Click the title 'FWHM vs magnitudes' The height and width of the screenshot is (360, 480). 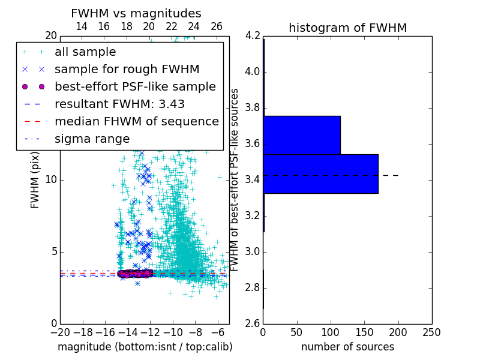click(x=136, y=13)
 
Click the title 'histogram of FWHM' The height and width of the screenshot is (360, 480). click(x=347, y=28)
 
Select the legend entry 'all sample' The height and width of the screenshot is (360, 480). click(x=85, y=52)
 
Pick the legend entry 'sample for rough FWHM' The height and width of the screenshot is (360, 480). click(x=127, y=69)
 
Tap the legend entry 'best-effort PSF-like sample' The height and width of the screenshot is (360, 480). click(x=135, y=86)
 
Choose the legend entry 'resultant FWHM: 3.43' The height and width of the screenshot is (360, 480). click(x=119, y=104)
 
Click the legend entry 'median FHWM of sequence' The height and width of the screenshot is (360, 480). click(x=136, y=121)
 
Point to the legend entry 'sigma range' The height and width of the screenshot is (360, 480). click(x=92, y=139)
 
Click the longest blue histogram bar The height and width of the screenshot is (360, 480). click(x=320, y=173)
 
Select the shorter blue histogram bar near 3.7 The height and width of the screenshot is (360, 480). click(x=302, y=134)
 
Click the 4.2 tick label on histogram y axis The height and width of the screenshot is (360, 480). click(x=252, y=36)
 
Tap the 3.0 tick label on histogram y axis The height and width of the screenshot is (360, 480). click(x=252, y=251)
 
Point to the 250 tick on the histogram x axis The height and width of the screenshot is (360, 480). click(x=431, y=332)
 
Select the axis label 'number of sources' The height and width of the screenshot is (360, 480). click(x=347, y=347)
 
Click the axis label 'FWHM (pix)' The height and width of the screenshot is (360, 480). click(x=35, y=181)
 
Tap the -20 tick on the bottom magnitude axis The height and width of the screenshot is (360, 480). click(x=60, y=332)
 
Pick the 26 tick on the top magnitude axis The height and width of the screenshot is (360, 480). click(x=217, y=26)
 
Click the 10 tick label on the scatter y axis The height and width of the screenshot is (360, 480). click(x=50, y=180)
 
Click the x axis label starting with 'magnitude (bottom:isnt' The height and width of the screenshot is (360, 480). click(x=145, y=347)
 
